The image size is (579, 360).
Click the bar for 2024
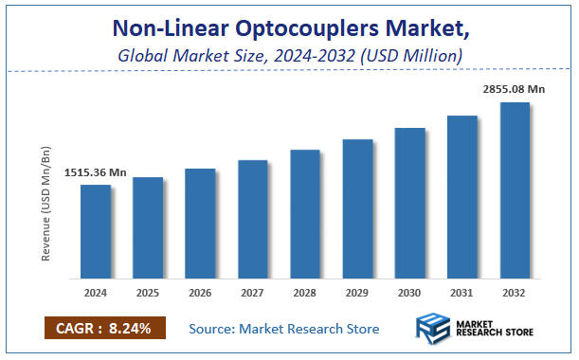point(95,232)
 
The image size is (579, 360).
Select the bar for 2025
point(147,228)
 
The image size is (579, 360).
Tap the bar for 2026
point(199,224)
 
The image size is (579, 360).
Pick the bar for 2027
point(252,220)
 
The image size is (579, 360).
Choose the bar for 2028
point(304,214)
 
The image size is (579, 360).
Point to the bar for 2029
point(357,209)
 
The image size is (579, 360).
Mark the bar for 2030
point(409,204)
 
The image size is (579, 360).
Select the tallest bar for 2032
point(515,190)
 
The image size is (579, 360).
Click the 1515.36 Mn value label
point(96,173)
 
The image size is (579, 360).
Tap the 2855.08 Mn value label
point(514,88)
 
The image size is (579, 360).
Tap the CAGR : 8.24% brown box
point(104,329)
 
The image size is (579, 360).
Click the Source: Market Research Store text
point(284,329)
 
